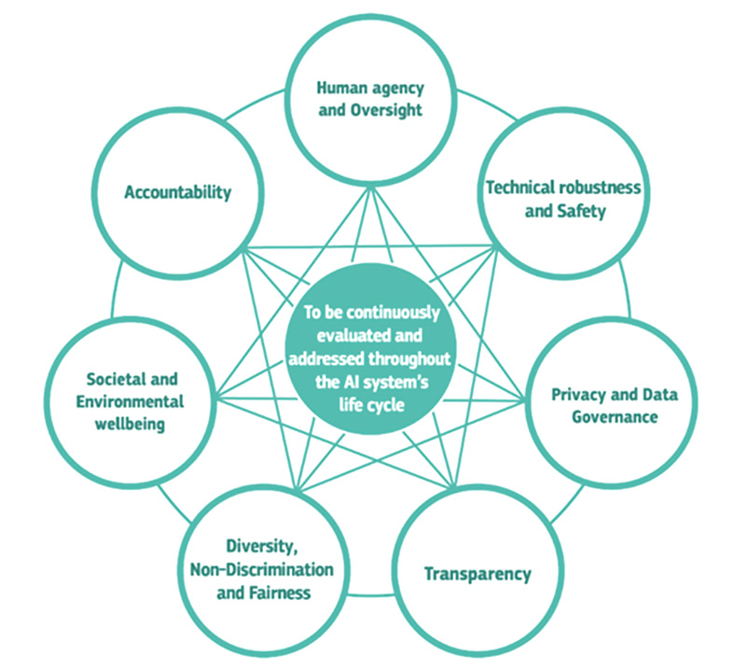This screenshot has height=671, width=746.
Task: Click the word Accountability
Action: tap(178, 192)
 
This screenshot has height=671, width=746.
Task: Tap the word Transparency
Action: tap(477, 574)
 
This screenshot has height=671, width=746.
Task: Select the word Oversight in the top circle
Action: tap(386, 110)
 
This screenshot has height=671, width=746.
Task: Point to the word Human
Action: tap(338, 88)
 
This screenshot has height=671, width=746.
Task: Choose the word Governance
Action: tap(615, 417)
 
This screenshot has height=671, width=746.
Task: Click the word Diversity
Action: tap(262, 547)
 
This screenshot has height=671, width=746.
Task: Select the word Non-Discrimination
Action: tap(262, 569)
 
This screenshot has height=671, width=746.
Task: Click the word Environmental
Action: tap(130, 401)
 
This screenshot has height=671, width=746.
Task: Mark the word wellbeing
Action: tap(130, 425)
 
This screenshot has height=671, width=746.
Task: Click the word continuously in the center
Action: tap(393, 313)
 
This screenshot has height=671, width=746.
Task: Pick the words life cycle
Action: tap(371, 405)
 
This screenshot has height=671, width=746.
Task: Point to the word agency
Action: tap(393, 89)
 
